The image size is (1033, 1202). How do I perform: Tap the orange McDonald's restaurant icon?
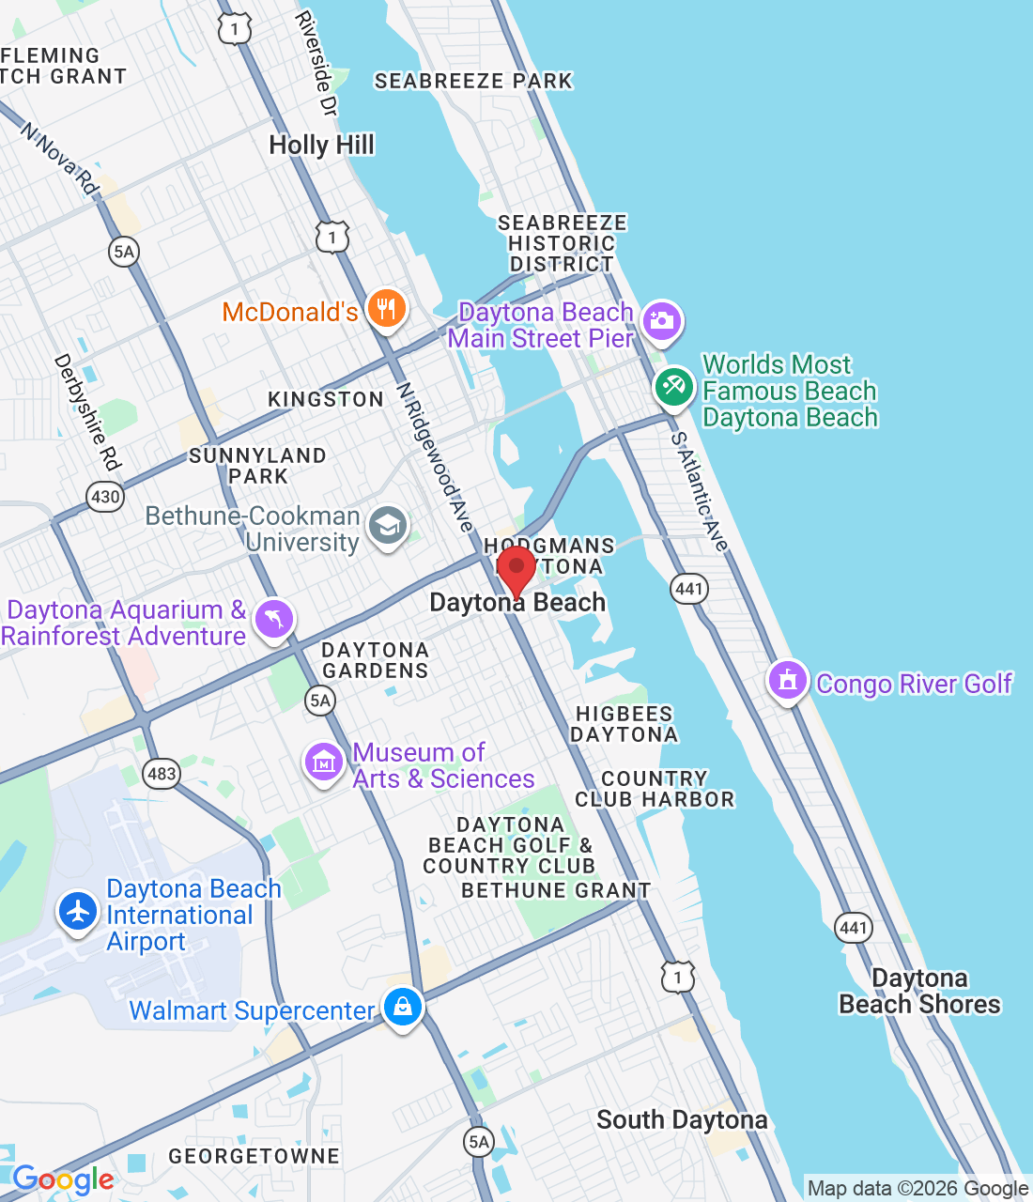[x=386, y=308]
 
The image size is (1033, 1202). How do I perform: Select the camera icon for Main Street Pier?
[x=662, y=321]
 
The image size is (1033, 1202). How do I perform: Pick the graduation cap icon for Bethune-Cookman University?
[x=387, y=525]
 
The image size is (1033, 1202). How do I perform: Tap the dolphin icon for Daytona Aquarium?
[x=273, y=619]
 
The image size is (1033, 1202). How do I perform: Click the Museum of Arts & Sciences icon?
[x=324, y=763]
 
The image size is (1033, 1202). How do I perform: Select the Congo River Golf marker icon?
[x=788, y=680]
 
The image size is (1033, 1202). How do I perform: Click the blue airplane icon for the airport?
[x=78, y=911]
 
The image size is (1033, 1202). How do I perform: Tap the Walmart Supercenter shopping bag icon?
[x=403, y=1007]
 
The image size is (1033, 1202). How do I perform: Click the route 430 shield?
[x=104, y=496]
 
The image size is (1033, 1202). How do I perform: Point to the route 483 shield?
[x=162, y=774]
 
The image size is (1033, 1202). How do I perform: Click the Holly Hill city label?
[x=321, y=145]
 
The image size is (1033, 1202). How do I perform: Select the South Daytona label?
[x=682, y=1119]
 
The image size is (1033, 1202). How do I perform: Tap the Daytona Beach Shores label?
[x=919, y=991]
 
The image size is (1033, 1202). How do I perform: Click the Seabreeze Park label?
[x=473, y=81]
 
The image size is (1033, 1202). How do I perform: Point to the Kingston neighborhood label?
[x=326, y=399]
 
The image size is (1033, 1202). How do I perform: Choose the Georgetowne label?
[x=254, y=1156]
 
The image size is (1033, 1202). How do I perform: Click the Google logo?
[x=63, y=1179]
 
